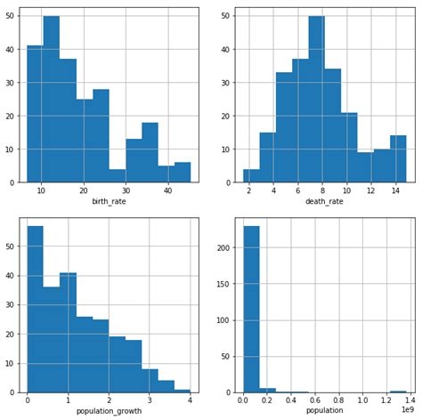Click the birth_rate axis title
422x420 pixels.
[109, 202]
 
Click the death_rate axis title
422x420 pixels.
[324, 202]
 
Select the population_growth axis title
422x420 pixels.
[109, 411]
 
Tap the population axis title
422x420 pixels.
[324, 411]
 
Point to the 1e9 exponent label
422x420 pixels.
[408, 410]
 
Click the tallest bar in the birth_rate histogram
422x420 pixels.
[52, 99]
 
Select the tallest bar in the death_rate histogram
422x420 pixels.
[317, 99]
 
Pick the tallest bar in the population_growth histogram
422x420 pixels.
[36, 309]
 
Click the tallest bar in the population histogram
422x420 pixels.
[251, 309]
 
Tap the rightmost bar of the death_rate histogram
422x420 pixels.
[398, 159]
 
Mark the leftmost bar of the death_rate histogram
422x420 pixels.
[251, 176]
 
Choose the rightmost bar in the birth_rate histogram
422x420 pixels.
[183, 173]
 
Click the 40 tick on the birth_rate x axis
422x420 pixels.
[168, 190]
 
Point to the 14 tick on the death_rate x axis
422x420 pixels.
[395, 190]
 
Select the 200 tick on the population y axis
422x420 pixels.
[223, 247]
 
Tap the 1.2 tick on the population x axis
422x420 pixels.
[386, 400]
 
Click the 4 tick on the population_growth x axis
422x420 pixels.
[190, 400]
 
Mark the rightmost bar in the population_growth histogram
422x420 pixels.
[183, 391]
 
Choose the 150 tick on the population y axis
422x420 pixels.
[223, 284]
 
